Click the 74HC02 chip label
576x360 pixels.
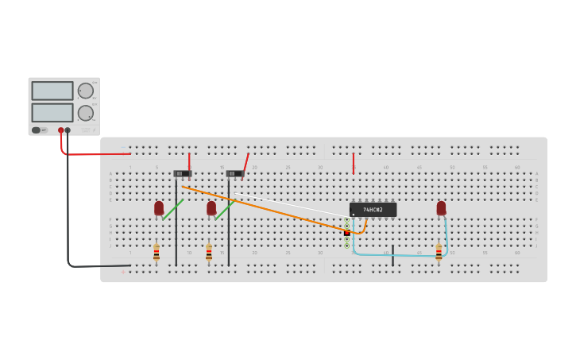(x=373, y=210)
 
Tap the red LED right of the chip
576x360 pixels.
(x=441, y=208)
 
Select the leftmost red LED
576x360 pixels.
(x=159, y=208)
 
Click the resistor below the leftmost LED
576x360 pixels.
(x=157, y=253)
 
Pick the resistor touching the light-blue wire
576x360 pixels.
(x=439, y=253)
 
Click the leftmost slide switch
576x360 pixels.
(x=183, y=173)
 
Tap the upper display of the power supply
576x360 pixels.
(x=52, y=91)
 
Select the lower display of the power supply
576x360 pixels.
(x=52, y=112)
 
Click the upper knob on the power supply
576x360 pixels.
(x=85, y=91)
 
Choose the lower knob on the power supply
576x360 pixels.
(x=85, y=113)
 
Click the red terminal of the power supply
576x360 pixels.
(x=60, y=130)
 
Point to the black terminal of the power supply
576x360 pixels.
(x=68, y=130)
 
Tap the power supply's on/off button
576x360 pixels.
(x=36, y=130)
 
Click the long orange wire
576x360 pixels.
(x=262, y=209)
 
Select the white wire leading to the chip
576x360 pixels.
(x=294, y=205)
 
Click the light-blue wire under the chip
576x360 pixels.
(x=397, y=255)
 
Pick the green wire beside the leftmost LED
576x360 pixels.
(x=172, y=210)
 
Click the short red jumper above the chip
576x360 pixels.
(x=354, y=163)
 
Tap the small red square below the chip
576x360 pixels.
(x=347, y=233)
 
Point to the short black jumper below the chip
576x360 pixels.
(x=392, y=255)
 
